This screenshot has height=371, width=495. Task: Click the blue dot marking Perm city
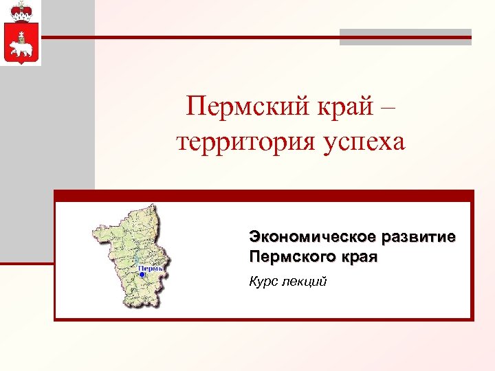tap(142, 274)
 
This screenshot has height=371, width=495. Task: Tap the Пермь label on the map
tap(151, 267)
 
